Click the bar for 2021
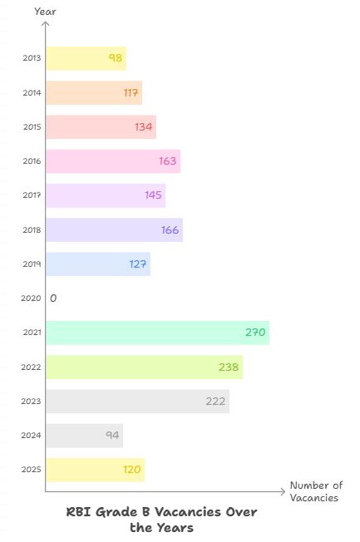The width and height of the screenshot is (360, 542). coord(157,333)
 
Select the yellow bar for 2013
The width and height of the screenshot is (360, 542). coord(86,58)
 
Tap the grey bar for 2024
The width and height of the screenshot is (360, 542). coord(84,436)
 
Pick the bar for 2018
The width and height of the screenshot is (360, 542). coord(114,229)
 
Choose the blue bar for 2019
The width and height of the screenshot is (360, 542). coord(97,264)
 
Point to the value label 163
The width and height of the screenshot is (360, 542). coord(168,161)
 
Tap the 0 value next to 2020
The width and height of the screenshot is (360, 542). coord(53,298)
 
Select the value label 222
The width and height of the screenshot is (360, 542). coord(216,402)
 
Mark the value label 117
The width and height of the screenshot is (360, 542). coord(131,92)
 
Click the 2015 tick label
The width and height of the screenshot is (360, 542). coord(32,127)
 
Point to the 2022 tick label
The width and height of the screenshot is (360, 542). coord(32,367)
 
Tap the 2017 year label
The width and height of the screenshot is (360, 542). coord(32,195)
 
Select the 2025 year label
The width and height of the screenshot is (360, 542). coord(32,470)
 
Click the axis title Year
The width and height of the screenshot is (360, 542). coord(45,11)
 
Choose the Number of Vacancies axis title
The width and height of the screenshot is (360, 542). coord(315,491)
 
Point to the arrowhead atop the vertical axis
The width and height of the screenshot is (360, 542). coord(46,25)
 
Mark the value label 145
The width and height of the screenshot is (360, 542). coord(154,195)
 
